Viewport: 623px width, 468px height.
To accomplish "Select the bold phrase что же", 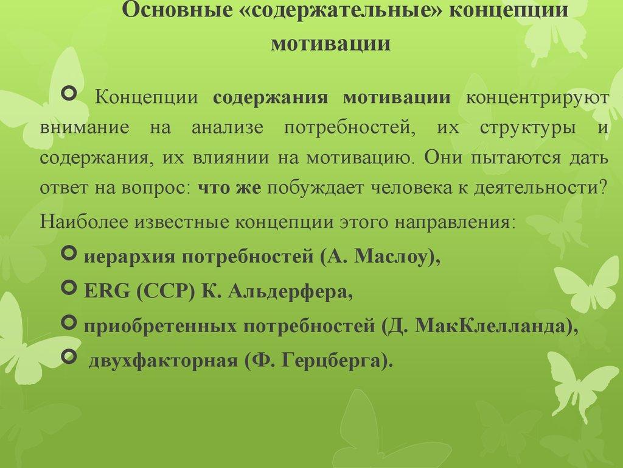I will (229, 189).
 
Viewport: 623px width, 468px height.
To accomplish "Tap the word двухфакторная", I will (162, 361).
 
